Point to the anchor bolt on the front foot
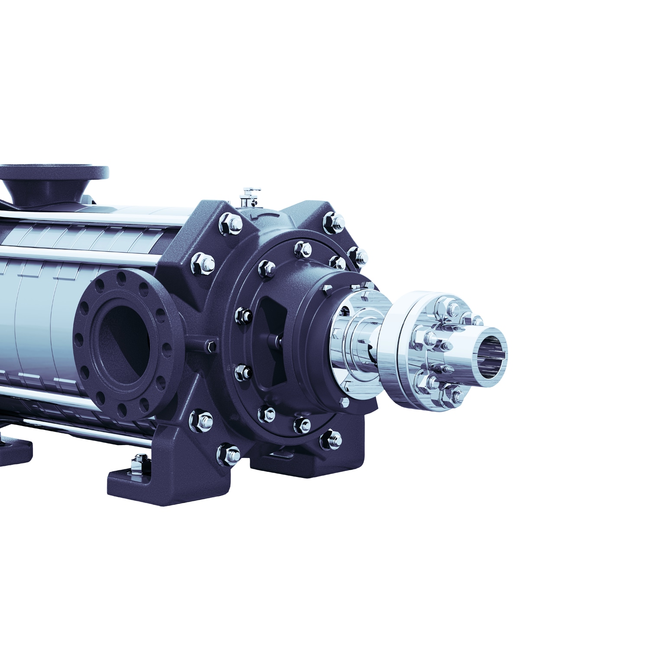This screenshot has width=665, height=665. (139, 460)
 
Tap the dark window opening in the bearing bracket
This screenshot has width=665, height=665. (268, 342)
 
